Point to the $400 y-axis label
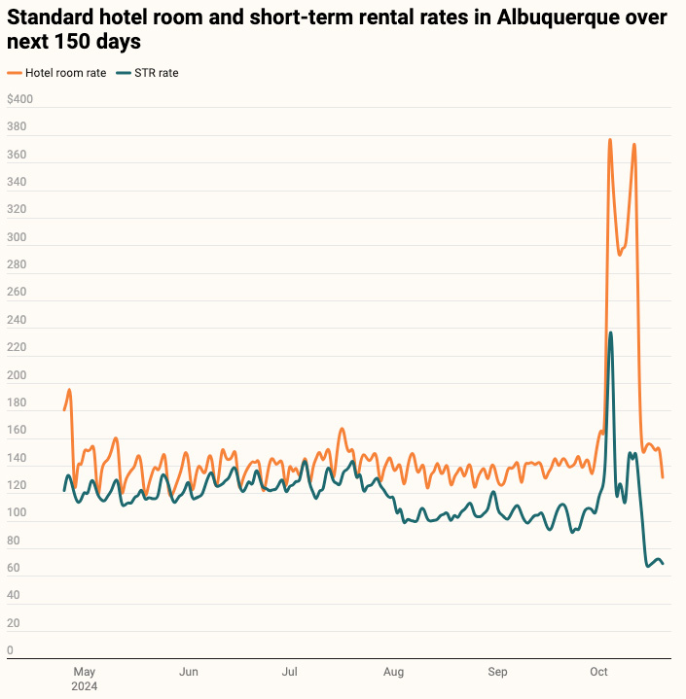click(x=19, y=99)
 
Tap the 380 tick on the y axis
click(x=16, y=127)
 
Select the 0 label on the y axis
click(x=10, y=650)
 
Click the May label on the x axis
click(x=85, y=672)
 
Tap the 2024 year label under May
click(x=86, y=686)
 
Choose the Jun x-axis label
click(x=189, y=672)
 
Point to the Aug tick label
click(x=393, y=672)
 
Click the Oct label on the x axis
click(x=598, y=672)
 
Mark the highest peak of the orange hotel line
click(x=610, y=140)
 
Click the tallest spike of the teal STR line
click(x=610, y=333)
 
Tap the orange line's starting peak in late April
click(x=69, y=390)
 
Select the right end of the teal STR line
click(x=663, y=564)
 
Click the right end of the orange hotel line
click(x=663, y=476)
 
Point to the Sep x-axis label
click(x=497, y=672)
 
